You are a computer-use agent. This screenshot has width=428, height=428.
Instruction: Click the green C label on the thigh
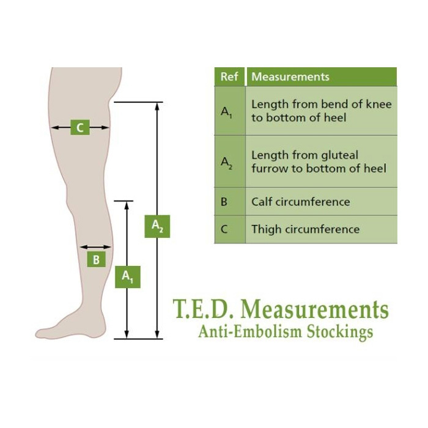coord(80,127)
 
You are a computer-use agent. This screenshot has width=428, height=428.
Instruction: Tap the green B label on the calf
coord(97,259)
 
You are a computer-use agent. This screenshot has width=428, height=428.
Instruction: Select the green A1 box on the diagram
coord(128,277)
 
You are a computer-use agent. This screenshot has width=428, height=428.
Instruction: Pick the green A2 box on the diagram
coord(157,226)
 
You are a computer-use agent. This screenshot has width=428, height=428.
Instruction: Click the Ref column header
coord(229,76)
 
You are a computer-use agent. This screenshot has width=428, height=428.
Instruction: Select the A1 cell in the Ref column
coord(230,111)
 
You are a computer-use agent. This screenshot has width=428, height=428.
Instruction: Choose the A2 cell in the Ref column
coord(230,161)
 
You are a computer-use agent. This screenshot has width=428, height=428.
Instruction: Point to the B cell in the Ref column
coord(230,202)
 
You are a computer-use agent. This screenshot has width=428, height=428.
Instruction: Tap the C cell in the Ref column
coord(230,229)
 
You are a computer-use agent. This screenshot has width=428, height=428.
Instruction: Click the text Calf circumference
coord(301,202)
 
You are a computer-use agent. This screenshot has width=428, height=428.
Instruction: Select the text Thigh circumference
coord(306,229)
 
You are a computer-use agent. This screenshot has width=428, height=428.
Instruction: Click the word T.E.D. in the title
coord(204,309)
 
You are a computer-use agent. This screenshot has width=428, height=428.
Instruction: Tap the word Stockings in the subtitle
coord(340,333)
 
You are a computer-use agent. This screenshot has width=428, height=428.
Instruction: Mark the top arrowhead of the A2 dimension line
coord(157,106)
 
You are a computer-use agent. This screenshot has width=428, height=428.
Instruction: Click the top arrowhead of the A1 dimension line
coord(127,205)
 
